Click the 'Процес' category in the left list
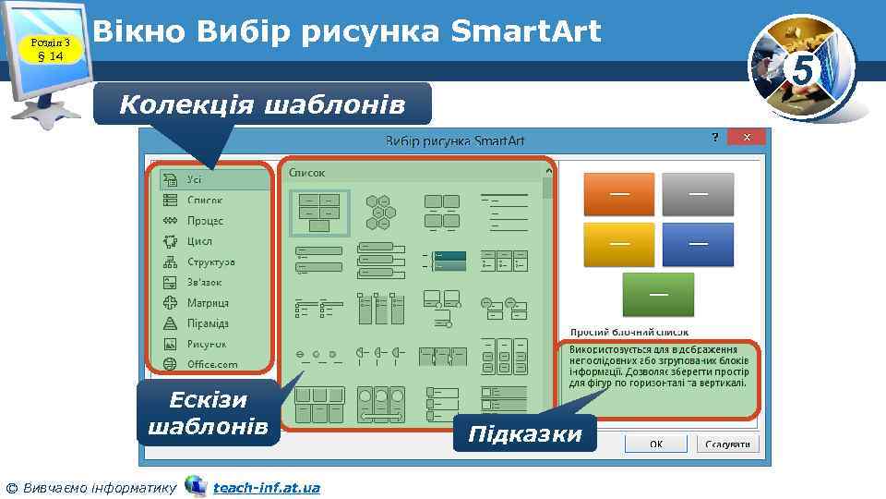(205, 221)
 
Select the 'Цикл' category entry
(199, 241)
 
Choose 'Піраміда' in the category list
(208, 323)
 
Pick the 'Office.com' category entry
(212, 364)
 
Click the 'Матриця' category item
(208, 303)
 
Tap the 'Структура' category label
(210, 262)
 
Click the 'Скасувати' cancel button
(726, 444)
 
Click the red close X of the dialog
(747, 137)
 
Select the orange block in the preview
(619, 194)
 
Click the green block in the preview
(658, 294)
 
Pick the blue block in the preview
(698, 244)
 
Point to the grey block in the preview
(698, 194)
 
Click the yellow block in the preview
(619, 244)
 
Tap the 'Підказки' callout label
(525, 434)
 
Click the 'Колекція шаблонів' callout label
(262, 104)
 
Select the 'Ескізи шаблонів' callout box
(208, 413)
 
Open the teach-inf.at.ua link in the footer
(266, 487)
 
